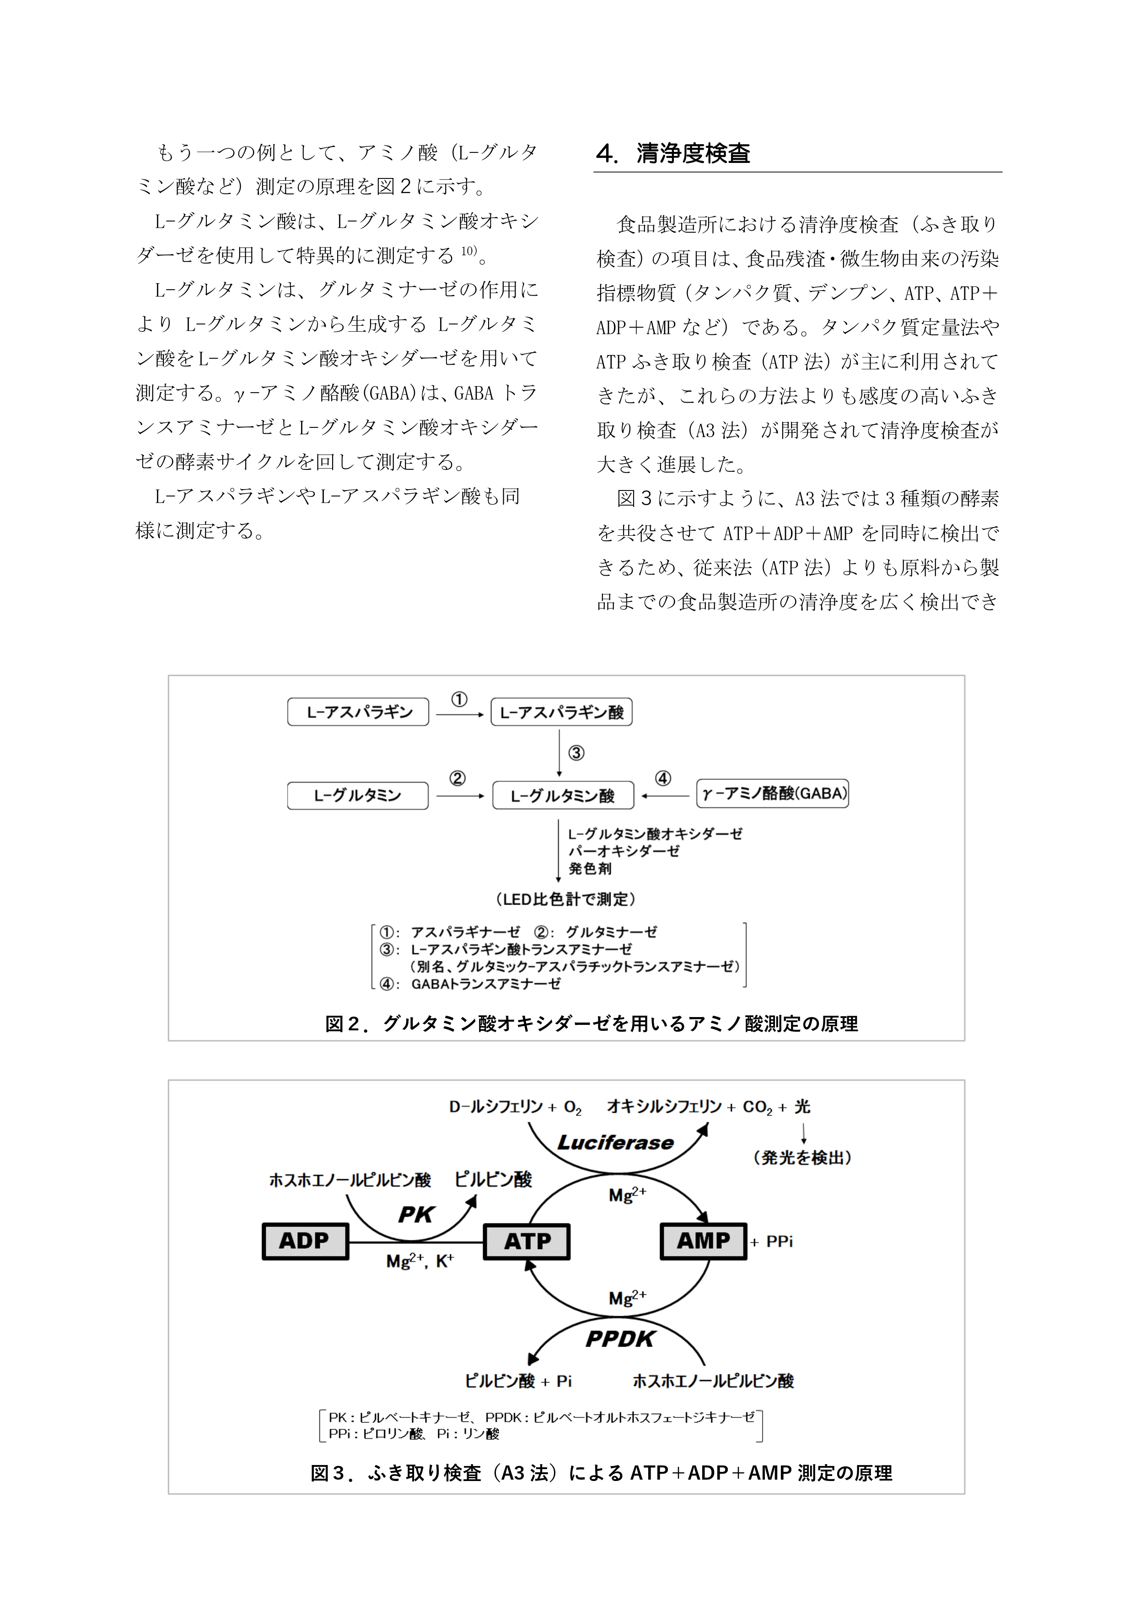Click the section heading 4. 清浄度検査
tap(673, 153)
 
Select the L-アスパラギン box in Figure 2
tap(358, 711)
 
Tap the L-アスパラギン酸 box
tap(561, 711)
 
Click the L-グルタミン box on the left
tap(357, 796)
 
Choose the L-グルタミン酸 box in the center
tap(563, 796)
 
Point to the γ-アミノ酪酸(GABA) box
tap(772, 793)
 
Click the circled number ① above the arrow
tap(458, 699)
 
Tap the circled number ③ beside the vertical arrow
tap(576, 753)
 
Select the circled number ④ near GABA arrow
tap(662, 778)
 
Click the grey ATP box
tap(527, 1242)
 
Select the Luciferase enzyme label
tap(615, 1142)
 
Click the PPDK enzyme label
tap(620, 1339)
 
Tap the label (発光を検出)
tap(802, 1158)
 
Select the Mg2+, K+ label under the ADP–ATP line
tap(420, 1261)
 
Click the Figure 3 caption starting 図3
tap(601, 1473)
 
